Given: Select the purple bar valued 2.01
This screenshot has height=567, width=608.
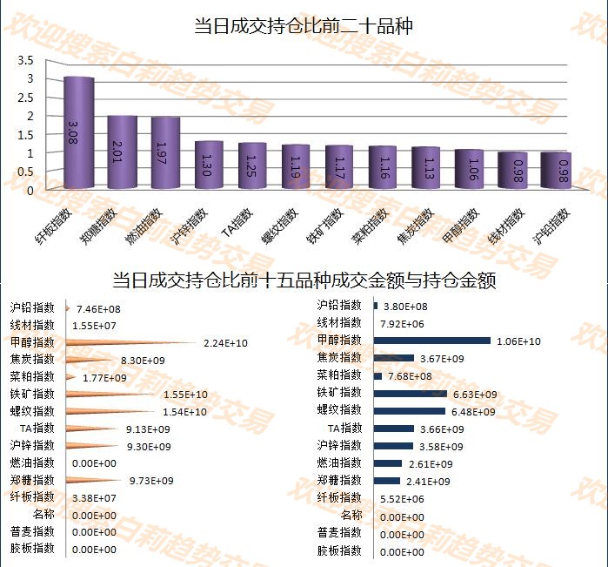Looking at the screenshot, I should (x=122, y=152).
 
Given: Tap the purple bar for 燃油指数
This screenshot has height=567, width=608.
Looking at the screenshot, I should (x=165, y=153).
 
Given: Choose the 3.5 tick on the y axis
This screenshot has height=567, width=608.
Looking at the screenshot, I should (x=25, y=60).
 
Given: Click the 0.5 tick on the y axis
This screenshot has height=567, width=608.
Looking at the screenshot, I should (x=25, y=171).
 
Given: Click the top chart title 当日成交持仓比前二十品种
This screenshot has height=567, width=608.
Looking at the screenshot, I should (x=304, y=27).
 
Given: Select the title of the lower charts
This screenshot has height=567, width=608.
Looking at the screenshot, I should (x=304, y=281).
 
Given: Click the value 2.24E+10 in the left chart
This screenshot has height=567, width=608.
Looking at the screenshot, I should (x=225, y=343).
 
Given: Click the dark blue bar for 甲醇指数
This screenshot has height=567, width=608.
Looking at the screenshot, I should (x=432, y=341).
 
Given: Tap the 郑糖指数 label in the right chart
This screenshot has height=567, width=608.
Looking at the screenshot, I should (x=339, y=480).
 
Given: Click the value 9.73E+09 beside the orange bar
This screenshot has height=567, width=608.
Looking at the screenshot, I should (x=151, y=481).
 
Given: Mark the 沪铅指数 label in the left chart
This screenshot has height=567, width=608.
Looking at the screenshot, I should (x=32, y=307).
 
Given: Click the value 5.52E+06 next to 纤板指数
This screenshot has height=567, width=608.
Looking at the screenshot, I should (x=402, y=498).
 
